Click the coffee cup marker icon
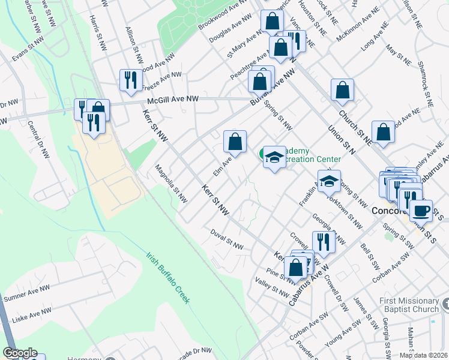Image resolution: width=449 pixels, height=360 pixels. pyautogui.click(x=421, y=210)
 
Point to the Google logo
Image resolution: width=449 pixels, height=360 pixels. pyautogui.click(x=20, y=353)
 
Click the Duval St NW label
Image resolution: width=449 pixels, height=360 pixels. pyautogui.click(x=227, y=239)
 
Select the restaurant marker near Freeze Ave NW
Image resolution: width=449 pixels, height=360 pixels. pyautogui.click(x=130, y=79)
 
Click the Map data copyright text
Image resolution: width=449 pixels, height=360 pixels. pyautogui.click(x=423, y=355)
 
